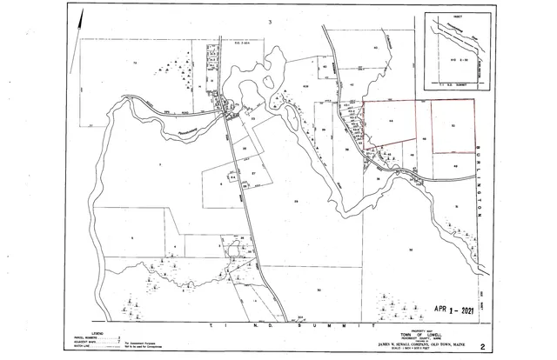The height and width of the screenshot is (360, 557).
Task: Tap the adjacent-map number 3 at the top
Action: [x=271, y=21]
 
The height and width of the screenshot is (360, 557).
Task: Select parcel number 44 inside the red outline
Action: [x=392, y=121]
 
